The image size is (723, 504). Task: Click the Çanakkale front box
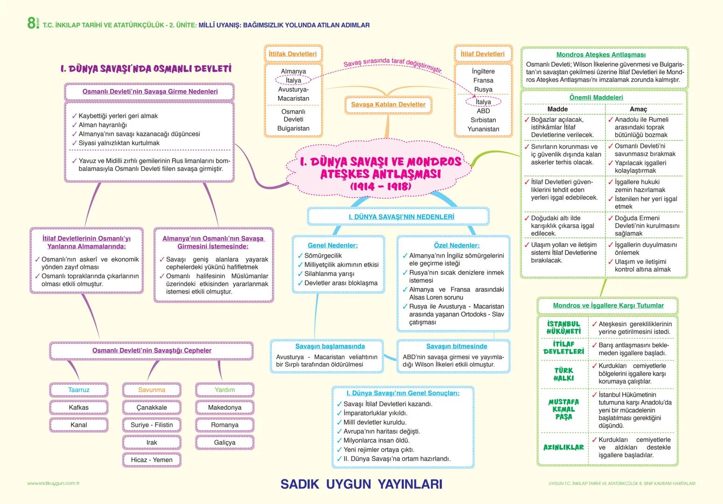tap(152, 407)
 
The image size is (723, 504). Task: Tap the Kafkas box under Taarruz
tap(78, 407)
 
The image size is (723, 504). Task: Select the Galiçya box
tap(225, 442)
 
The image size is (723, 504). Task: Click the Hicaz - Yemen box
tap(152, 460)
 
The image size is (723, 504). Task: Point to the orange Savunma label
tap(152, 390)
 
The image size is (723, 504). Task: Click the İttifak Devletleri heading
tap(293, 54)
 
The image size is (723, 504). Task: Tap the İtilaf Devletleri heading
tap(483, 54)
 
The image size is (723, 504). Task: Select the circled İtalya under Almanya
tap(294, 80)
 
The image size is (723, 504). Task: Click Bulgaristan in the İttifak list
tap(293, 128)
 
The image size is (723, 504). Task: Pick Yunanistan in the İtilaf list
tap(483, 129)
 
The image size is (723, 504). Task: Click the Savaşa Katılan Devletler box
tap(388, 105)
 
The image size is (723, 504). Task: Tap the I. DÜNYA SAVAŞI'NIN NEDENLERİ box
tap(401, 217)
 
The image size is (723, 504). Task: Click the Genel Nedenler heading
tap(333, 245)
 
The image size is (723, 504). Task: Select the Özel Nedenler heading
tap(456, 245)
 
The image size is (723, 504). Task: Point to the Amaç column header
tap(639, 109)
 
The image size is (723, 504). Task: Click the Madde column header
tap(557, 109)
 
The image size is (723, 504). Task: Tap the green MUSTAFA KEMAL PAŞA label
tap(563, 409)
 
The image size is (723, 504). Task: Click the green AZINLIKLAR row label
tap(563, 447)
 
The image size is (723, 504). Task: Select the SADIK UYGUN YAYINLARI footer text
tap(361, 484)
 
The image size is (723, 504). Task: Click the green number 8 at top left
tap(31, 23)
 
